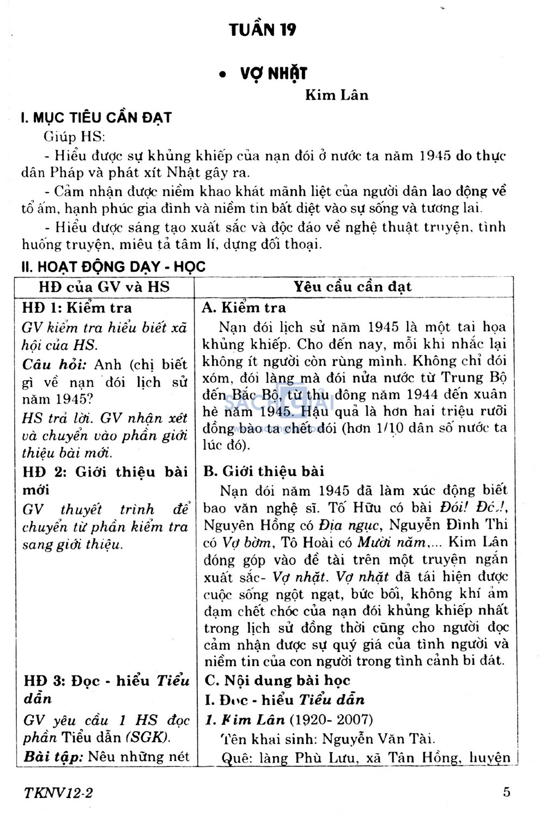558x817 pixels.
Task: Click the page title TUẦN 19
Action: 263,29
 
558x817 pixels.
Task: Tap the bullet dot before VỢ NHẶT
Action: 222,75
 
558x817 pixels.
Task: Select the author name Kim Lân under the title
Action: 337,95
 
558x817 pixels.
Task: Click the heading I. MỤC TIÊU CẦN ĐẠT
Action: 96,118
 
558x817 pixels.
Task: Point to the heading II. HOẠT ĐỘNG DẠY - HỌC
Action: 113,266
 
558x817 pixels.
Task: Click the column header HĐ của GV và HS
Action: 104,287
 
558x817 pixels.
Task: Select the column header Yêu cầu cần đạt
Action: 353,287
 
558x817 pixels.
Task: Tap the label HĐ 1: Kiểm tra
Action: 77,308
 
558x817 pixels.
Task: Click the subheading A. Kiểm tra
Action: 244,308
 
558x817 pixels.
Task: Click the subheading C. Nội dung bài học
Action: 277,680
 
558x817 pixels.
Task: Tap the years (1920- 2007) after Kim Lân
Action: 331,720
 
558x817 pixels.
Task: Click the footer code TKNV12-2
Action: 58,792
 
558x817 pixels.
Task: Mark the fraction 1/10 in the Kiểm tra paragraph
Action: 390,428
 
